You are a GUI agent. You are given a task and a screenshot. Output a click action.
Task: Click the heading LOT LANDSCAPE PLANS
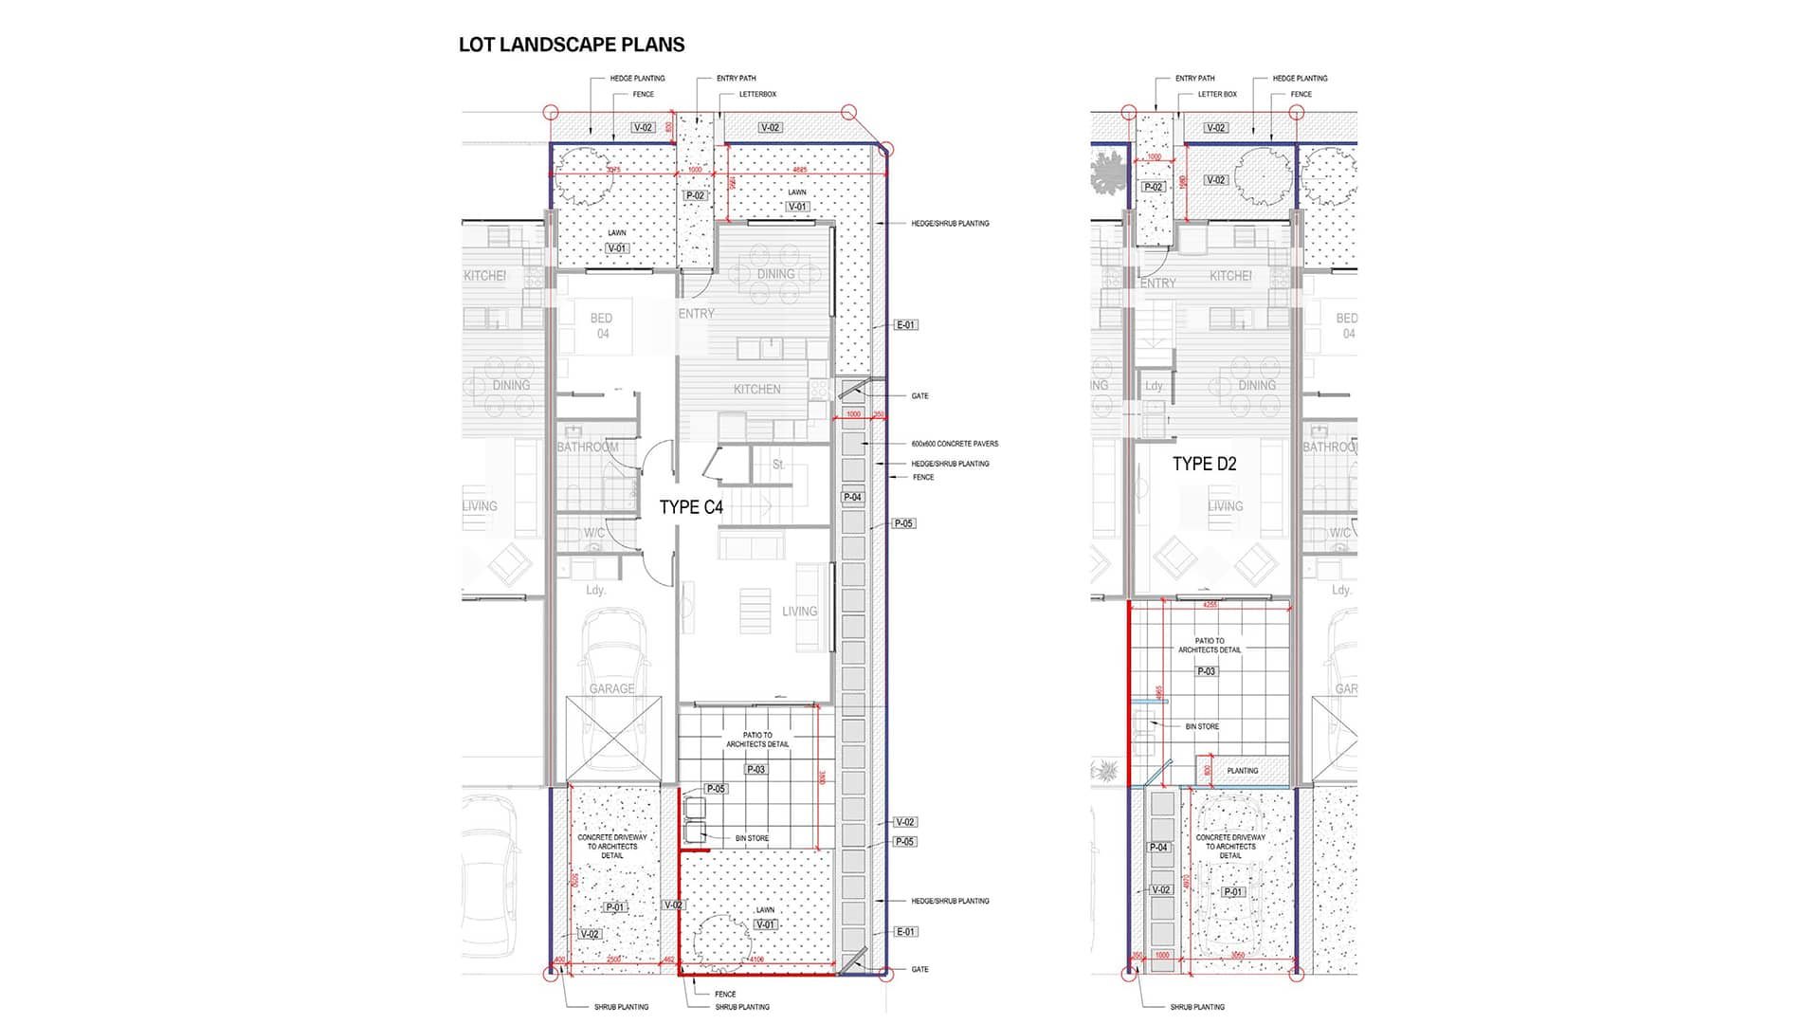571,45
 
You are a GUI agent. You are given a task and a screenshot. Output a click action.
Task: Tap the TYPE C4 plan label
691,507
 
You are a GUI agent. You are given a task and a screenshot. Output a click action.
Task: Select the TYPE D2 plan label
1204,464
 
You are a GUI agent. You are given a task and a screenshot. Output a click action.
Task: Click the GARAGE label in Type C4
611,689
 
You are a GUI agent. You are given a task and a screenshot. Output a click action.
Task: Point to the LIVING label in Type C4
799,612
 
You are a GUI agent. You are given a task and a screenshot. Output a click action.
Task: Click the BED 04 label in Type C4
602,325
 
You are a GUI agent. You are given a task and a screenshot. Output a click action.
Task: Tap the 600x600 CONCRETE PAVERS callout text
954,444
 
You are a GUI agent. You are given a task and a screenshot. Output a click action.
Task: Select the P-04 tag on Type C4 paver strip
852,497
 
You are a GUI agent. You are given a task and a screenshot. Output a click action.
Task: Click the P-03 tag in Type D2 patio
1206,671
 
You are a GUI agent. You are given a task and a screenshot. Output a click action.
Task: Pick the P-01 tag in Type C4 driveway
615,907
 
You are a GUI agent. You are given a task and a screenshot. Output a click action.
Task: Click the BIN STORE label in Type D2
1202,726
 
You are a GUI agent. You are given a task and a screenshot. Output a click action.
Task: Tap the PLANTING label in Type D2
1242,771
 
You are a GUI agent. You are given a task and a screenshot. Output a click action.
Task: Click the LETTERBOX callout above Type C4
757,94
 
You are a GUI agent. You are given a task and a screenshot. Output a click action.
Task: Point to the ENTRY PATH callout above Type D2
1194,79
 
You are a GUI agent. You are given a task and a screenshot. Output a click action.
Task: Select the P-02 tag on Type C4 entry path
695,195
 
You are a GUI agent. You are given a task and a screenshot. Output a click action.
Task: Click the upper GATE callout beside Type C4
919,396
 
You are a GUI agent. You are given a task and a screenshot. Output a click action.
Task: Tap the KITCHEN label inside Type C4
756,390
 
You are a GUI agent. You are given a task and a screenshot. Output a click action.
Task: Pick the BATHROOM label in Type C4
587,447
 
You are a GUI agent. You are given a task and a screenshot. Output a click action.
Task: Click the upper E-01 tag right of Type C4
905,325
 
